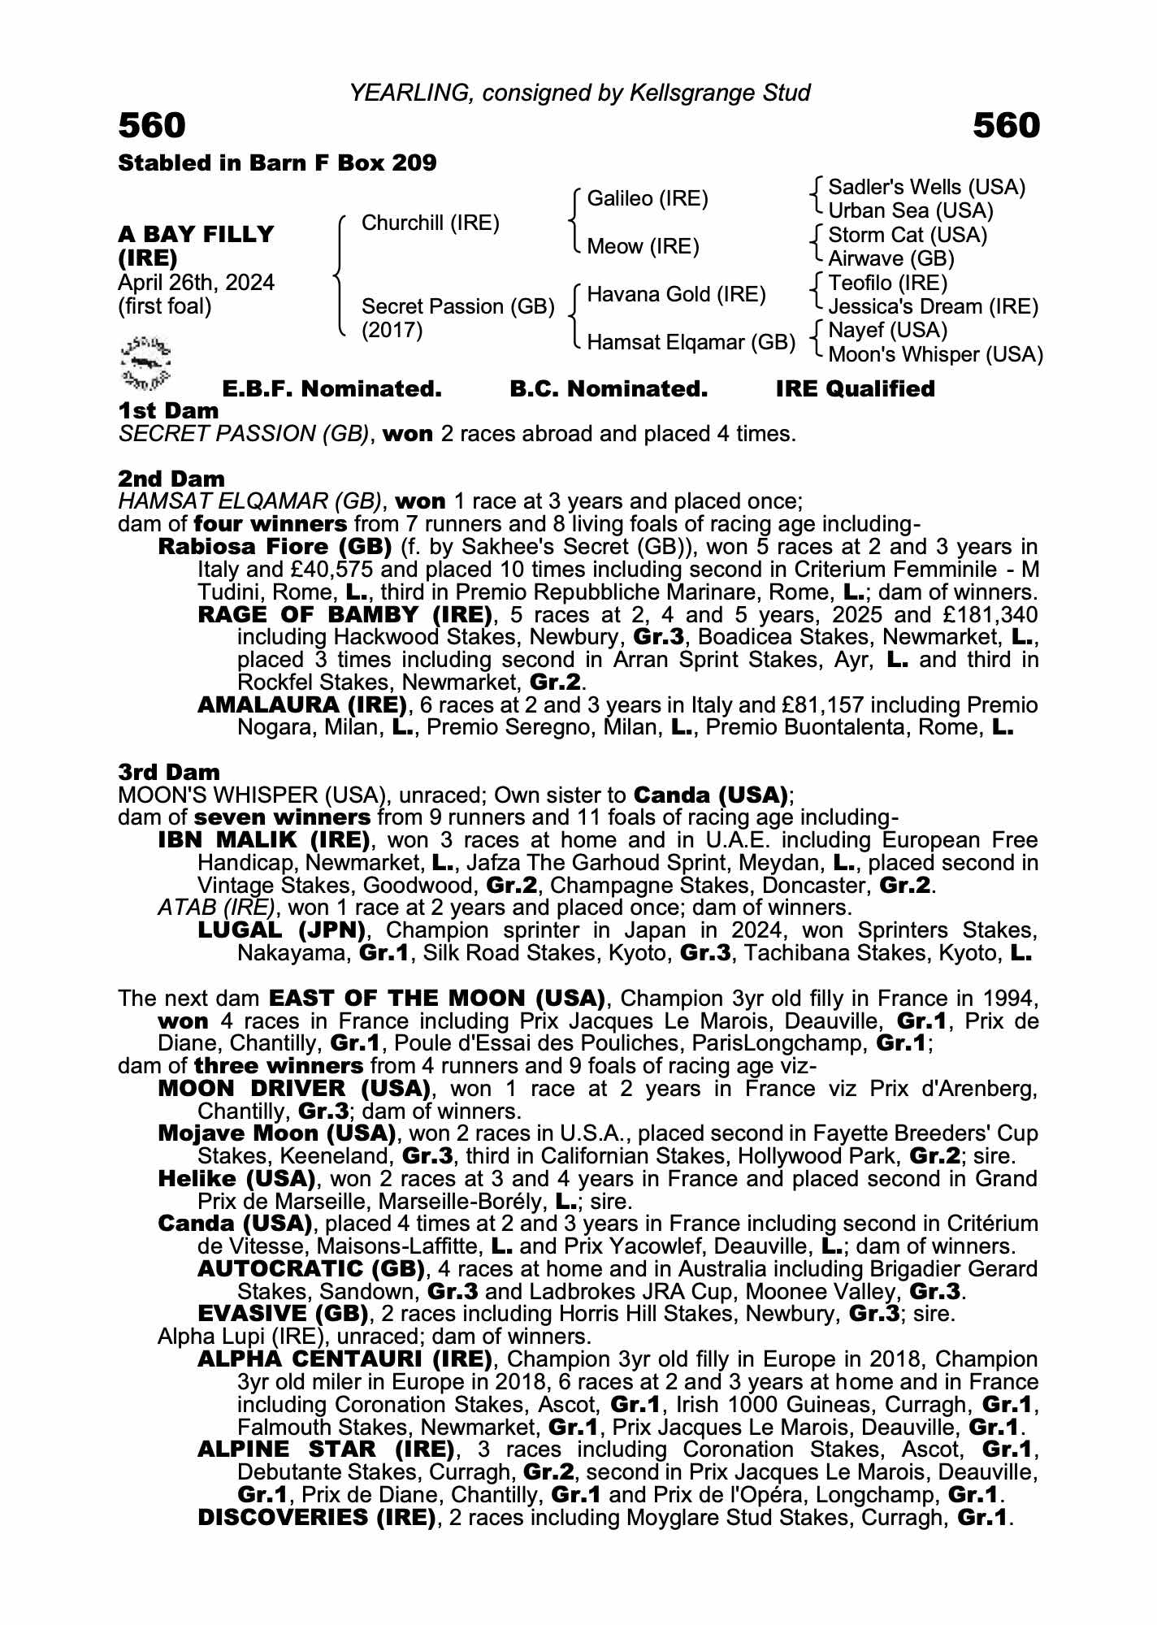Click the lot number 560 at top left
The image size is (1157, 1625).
(152, 126)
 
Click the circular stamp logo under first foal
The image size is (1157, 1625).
(145, 361)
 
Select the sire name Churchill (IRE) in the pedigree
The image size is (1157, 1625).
(430, 223)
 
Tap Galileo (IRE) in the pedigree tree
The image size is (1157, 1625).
(647, 199)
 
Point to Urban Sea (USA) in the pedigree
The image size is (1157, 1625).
(911, 211)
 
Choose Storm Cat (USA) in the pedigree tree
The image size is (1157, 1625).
(908, 236)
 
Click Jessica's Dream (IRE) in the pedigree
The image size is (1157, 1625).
(933, 307)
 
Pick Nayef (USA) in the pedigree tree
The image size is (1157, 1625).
(888, 331)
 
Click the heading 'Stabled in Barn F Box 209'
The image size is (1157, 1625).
(277, 163)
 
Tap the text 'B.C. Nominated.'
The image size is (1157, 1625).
(609, 389)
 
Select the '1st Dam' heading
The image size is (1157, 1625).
(168, 411)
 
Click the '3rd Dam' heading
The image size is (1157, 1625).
(169, 772)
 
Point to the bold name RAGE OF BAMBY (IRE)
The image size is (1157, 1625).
(345, 615)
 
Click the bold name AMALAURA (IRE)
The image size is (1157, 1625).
(302, 704)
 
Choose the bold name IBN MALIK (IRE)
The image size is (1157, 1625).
(264, 839)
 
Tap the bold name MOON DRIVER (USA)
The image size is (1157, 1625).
(294, 1089)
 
